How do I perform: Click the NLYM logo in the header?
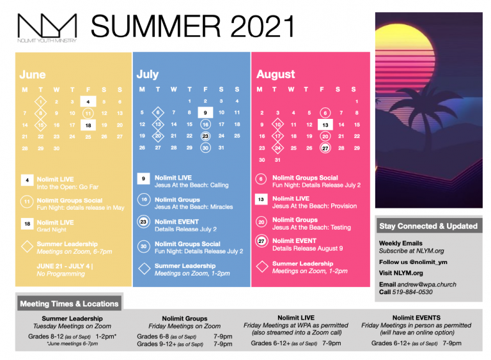click(x=47, y=27)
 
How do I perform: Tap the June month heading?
click(x=32, y=75)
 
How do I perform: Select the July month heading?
click(x=148, y=74)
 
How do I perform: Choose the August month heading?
click(x=276, y=74)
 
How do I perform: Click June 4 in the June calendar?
click(x=88, y=101)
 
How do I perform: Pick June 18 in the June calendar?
click(x=88, y=125)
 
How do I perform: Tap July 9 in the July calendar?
click(x=205, y=113)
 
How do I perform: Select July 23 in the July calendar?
click(x=205, y=136)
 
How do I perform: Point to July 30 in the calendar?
click(x=205, y=148)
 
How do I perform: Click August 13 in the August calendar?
click(x=325, y=125)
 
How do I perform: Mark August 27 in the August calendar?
click(x=325, y=148)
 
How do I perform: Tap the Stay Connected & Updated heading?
click(x=428, y=226)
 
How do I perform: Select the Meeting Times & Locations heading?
click(x=69, y=304)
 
